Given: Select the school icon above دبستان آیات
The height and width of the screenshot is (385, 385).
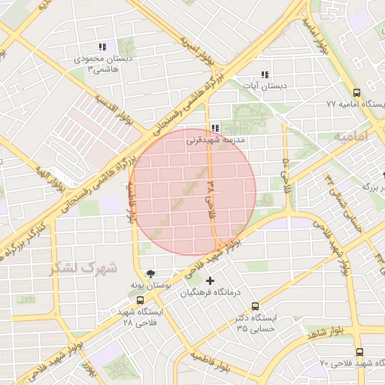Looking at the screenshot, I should tap(264, 74).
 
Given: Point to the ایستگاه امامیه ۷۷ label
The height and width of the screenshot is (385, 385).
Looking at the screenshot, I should tap(356, 105).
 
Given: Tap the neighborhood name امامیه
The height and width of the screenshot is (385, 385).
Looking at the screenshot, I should tap(352, 138).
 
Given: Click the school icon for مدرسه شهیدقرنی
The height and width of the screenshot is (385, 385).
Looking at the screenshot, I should tap(216, 129).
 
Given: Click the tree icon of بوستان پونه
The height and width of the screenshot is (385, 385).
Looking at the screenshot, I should tap(151, 274).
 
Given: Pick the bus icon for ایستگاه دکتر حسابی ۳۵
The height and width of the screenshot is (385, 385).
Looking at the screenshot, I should tap(256, 307).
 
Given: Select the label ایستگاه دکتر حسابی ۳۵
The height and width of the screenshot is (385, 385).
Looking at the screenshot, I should tap(256, 323).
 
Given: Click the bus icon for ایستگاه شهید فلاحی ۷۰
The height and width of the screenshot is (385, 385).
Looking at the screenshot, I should tap(359, 352).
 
